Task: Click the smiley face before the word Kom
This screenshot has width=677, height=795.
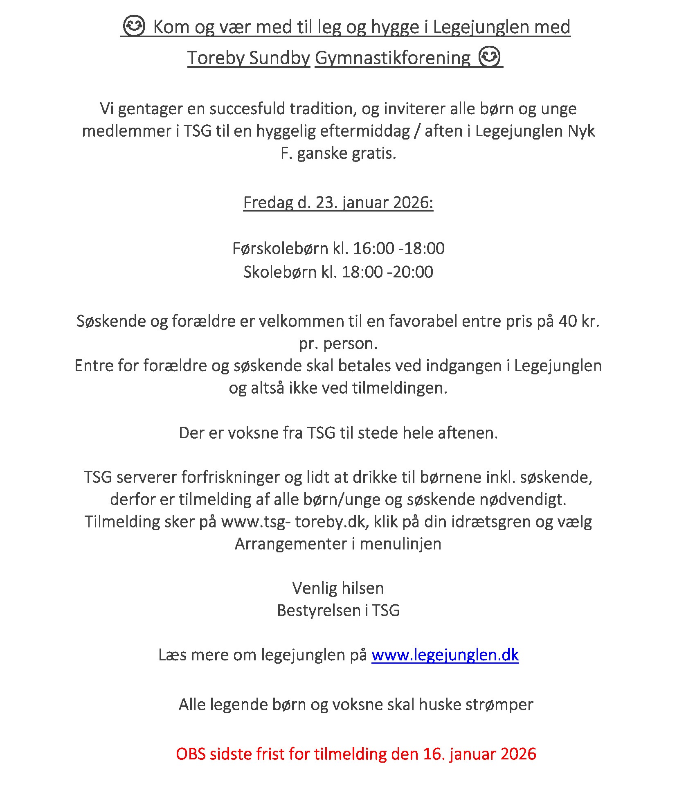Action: click(x=134, y=26)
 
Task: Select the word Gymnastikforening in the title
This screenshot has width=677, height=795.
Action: click(x=393, y=58)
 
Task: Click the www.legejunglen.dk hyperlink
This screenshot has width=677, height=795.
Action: click(x=445, y=655)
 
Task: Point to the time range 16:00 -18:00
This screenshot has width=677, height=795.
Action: click(x=399, y=248)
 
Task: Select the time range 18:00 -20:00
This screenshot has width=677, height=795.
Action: click(x=387, y=272)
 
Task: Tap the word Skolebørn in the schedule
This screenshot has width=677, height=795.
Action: click(x=280, y=272)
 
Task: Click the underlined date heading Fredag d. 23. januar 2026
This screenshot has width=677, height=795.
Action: click(x=338, y=202)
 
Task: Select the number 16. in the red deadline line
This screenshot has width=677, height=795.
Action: click(x=434, y=754)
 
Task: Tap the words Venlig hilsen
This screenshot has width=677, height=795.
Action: click(x=338, y=588)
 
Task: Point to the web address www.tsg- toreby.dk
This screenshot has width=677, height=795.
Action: click(x=293, y=522)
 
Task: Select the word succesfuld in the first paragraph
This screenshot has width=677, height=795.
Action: click(x=247, y=108)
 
